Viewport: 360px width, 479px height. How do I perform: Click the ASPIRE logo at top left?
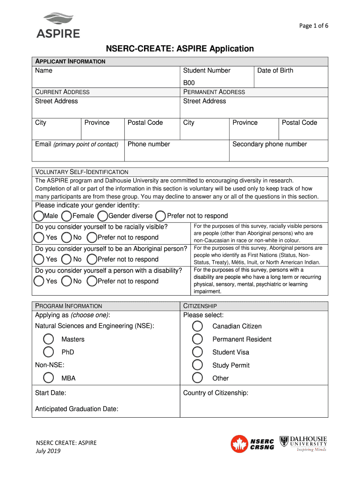pyautogui.click(x=58, y=25)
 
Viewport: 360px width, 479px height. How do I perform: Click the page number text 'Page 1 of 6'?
pyautogui.click(x=314, y=26)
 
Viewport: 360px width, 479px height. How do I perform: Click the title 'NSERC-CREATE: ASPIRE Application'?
pyautogui.click(x=180, y=49)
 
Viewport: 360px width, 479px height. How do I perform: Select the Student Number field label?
pyautogui.click(x=207, y=71)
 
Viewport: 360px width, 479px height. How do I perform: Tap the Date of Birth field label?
pyautogui.click(x=275, y=71)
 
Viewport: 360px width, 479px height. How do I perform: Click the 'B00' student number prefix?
pyautogui.click(x=189, y=83)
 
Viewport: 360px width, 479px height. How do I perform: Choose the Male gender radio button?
pyautogui.click(x=39, y=216)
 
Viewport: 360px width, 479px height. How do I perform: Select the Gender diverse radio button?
pyautogui.click(x=103, y=216)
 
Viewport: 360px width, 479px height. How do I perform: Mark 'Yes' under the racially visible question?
pyautogui.click(x=40, y=238)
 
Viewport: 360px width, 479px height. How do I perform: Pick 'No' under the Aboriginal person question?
pyautogui.click(x=67, y=259)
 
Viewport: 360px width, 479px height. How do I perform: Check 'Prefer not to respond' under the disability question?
pyautogui.click(x=92, y=281)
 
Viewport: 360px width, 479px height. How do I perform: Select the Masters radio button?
pyautogui.click(x=48, y=339)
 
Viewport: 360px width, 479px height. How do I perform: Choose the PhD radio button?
pyautogui.click(x=48, y=352)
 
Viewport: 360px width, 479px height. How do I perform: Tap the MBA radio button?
pyautogui.click(x=48, y=378)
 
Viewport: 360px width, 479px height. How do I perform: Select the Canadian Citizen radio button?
pyautogui.click(x=198, y=326)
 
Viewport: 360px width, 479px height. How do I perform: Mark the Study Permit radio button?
pyautogui.click(x=198, y=365)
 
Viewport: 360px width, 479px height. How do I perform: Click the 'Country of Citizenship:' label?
pyautogui.click(x=216, y=393)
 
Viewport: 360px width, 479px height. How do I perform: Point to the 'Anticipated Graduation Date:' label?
pyautogui.click(x=77, y=409)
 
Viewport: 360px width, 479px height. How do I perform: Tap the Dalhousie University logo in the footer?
pyautogui.click(x=303, y=443)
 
